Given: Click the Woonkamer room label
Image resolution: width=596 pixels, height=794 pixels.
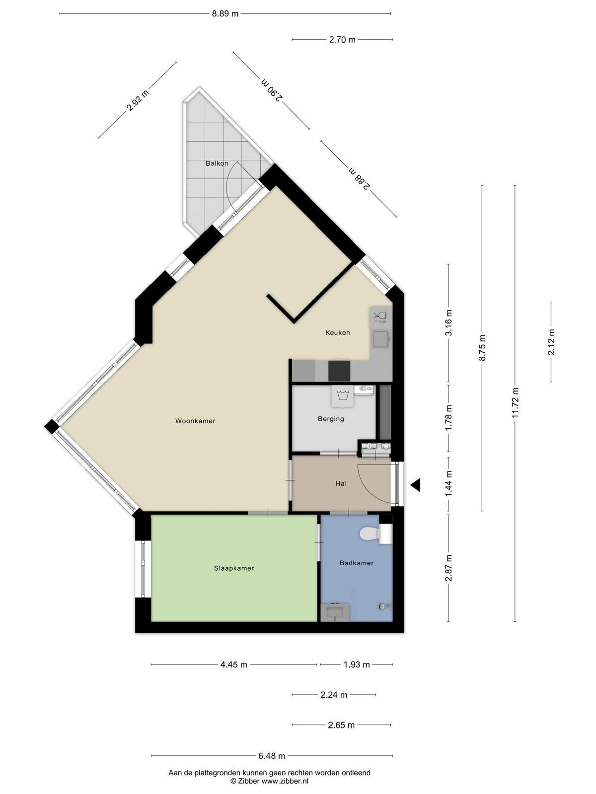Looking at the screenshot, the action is [x=195, y=421].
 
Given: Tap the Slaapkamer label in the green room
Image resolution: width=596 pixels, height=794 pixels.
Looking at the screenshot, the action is [x=234, y=568].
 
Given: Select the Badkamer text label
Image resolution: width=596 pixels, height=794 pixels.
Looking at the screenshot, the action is [x=357, y=563].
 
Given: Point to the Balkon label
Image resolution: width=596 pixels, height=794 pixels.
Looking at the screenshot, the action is [x=217, y=163].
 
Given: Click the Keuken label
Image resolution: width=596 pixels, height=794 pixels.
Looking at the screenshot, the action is [x=337, y=332].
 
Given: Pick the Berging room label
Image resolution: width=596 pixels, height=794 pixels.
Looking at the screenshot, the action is [x=331, y=418].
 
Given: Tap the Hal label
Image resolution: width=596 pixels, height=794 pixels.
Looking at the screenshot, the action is [x=341, y=483].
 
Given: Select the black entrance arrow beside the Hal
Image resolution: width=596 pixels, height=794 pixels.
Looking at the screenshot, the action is [x=416, y=485].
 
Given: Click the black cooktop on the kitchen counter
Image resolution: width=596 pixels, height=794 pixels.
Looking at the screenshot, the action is [x=339, y=371].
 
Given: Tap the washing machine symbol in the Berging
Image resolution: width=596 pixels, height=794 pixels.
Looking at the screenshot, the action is [x=342, y=396].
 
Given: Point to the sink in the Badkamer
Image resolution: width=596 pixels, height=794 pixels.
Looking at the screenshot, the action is [x=335, y=612].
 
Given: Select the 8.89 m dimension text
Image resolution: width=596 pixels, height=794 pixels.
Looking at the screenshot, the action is [x=225, y=14].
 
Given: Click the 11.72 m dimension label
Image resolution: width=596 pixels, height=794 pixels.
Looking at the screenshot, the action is [x=516, y=402].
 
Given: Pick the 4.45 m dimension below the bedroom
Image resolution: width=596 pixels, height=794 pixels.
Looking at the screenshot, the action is [x=234, y=664].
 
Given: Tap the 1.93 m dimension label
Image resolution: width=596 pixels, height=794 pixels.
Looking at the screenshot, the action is [x=357, y=664].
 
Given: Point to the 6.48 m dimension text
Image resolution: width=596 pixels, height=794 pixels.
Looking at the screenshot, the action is [x=272, y=756].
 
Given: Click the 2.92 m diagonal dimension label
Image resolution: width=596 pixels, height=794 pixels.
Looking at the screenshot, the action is [x=137, y=100].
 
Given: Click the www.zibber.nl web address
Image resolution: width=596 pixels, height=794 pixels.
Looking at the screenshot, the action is [x=285, y=781].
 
